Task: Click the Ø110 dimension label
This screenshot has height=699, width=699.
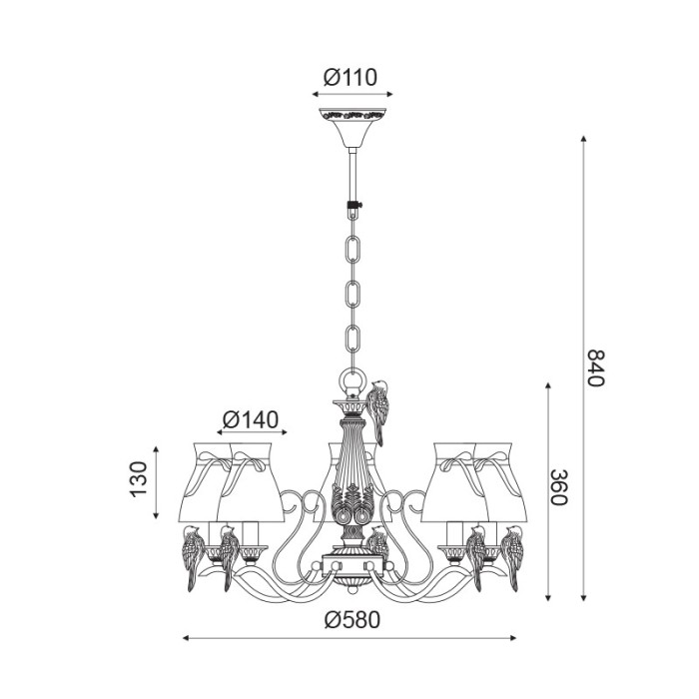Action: [350, 77]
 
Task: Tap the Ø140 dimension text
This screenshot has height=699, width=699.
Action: [251, 419]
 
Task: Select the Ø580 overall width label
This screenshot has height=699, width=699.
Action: [352, 619]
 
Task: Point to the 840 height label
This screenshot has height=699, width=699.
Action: [595, 367]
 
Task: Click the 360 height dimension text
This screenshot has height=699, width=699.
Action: [558, 487]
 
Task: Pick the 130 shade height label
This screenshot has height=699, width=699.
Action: [139, 479]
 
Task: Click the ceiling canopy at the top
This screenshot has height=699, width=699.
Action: [352, 128]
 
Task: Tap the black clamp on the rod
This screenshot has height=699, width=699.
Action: [353, 206]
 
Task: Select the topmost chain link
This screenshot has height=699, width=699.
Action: [352, 250]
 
